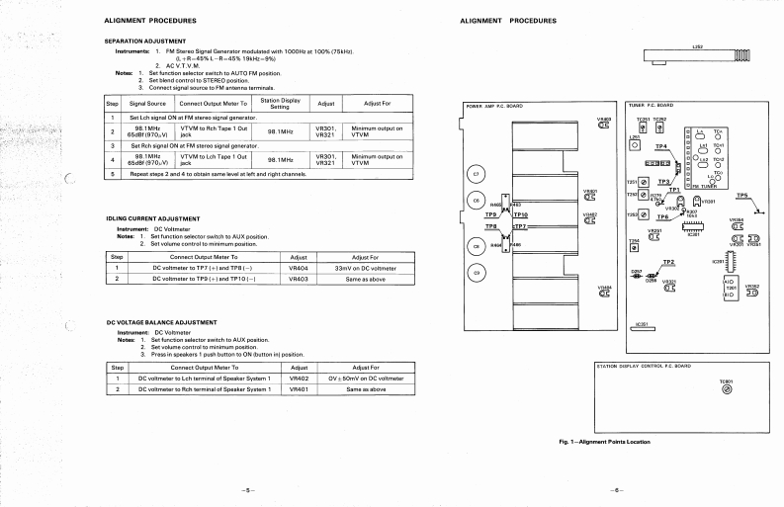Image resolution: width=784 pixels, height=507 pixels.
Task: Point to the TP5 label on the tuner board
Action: (742, 196)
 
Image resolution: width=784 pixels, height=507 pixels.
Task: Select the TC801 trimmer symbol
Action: (727, 389)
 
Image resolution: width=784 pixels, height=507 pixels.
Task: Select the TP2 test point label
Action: (668, 262)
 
